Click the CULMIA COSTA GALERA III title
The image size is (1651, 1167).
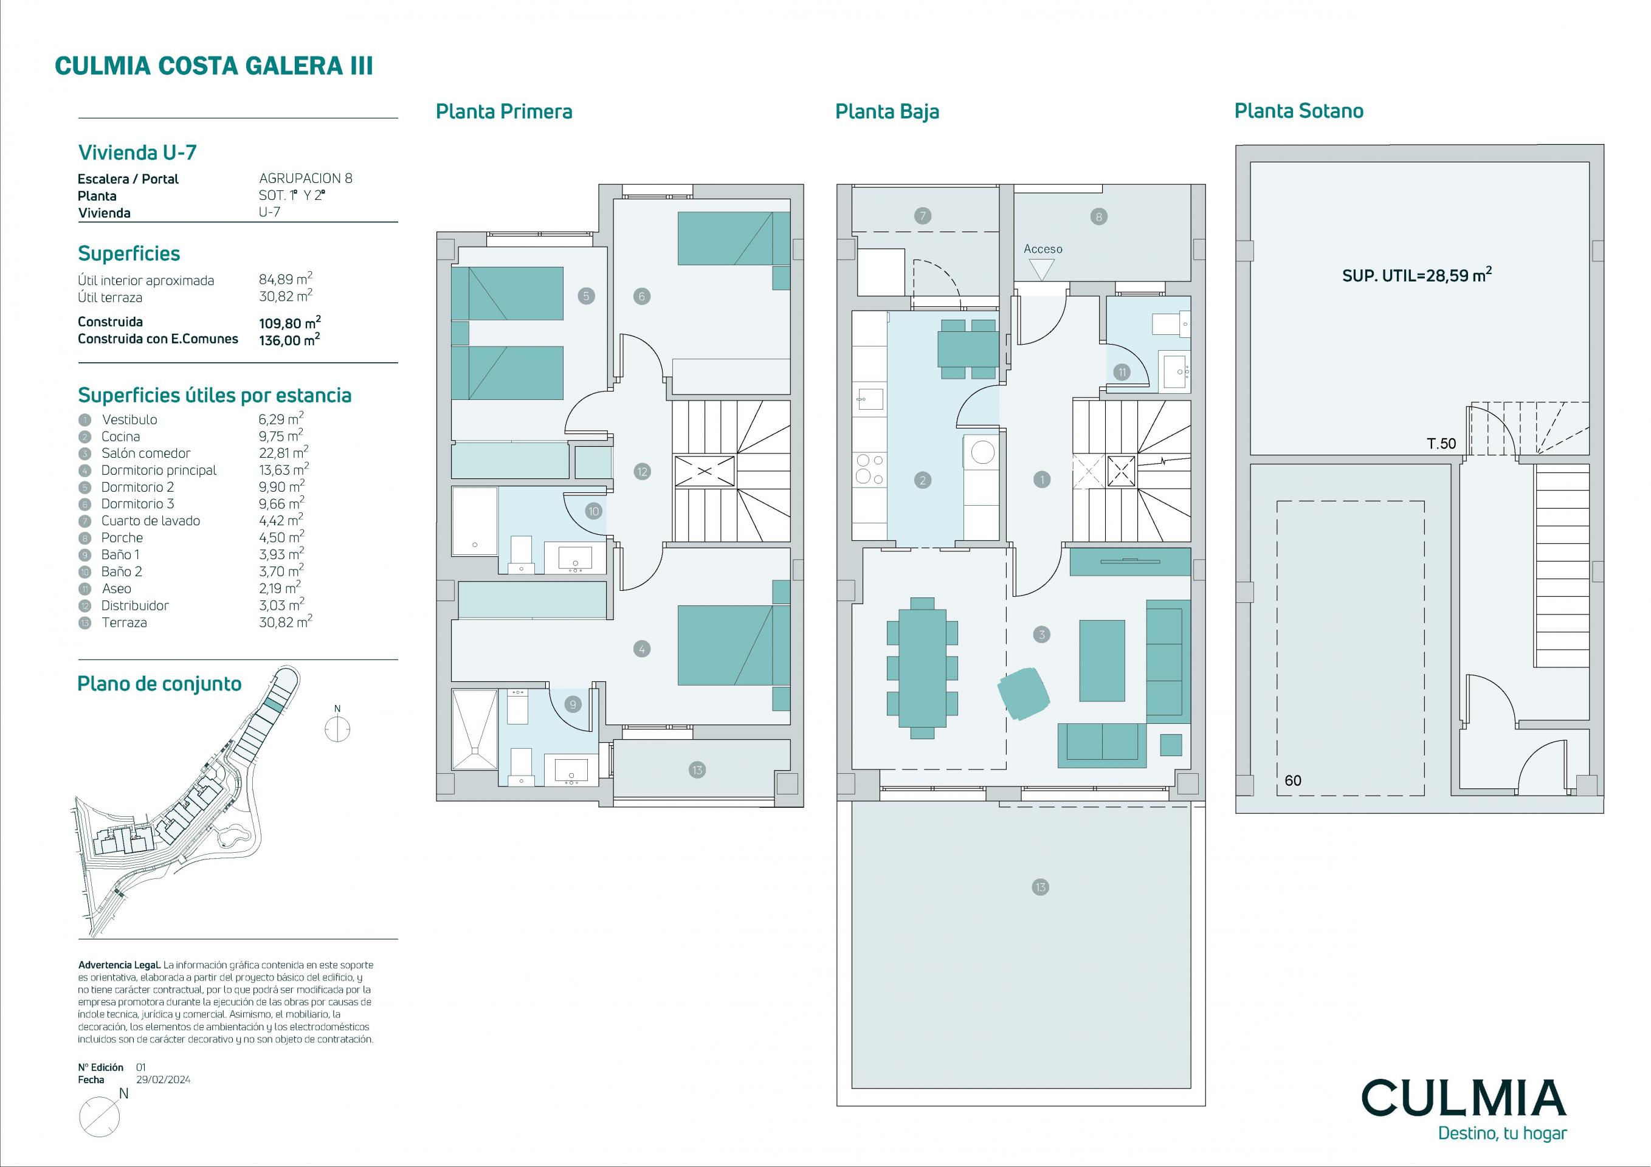coord(213,66)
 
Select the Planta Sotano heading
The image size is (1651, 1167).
coord(1298,111)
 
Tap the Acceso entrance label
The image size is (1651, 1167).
coord(1043,249)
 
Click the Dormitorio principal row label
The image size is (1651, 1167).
coord(159,470)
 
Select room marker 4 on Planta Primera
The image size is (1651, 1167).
coord(641,649)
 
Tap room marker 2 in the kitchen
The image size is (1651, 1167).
coord(923,480)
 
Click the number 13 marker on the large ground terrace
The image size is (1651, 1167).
coord(1040,887)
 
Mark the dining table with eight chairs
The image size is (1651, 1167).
coord(922,668)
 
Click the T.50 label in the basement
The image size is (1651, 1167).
coord(1441,444)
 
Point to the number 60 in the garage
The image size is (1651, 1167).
coord(1292,780)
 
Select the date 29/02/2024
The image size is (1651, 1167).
coord(164,1079)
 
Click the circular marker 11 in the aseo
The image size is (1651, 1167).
coord(1122,372)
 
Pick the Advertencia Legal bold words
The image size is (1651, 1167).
coord(119,965)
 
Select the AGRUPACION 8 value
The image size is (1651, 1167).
coord(306,178)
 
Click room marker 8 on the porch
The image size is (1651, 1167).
coord(1098,216)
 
